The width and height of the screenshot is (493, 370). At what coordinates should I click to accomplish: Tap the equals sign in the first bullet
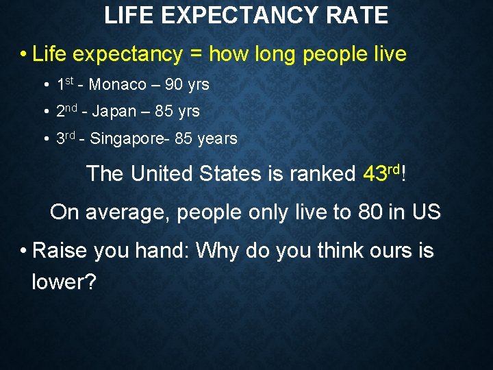pyautogui.click(x=196, y=54)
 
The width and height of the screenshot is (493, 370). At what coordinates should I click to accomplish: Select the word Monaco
pyautogui.click(x=118, y=86)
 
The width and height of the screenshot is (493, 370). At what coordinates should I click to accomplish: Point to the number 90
pyautogui.click(x=174, y=86)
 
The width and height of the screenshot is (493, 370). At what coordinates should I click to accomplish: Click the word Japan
pyautogui.click(x=114, y=112)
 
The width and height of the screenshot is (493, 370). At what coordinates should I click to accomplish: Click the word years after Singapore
pyautogui.click(x=217, y=139)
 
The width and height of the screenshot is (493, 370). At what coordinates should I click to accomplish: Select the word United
pyautogui.click(x=162, y=174)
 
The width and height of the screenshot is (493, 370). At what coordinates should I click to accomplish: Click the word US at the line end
pyautogui.click(x=427, y=212)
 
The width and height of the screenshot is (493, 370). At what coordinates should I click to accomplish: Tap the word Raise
pyautogui.click(x=60, y=251)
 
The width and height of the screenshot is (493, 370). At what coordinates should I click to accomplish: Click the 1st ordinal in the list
pyautogui.click(x=64, y=85)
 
